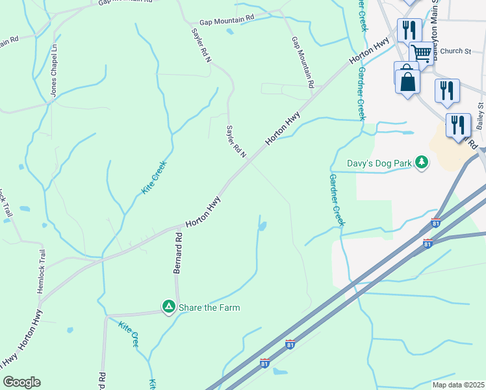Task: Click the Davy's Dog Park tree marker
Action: (x=422, y=162)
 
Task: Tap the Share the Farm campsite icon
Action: (x=168, y=306)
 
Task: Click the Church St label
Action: (x=455, y=51)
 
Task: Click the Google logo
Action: (x=21, y=382)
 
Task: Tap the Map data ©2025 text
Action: (x=457, y=385)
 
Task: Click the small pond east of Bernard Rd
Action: (x=262, y=227)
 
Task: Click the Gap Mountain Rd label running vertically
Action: (x=303, y=62)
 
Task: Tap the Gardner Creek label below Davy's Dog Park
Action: (x=336, y=200)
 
